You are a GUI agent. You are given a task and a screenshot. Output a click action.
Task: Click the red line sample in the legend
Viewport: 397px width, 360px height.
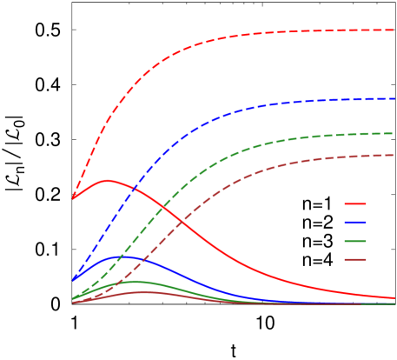(x=354, y=204)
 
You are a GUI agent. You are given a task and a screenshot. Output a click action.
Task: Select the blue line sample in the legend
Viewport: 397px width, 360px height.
(x=354, y=223)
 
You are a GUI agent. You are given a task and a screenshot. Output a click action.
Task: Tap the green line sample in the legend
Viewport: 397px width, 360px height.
(x=354, y=241)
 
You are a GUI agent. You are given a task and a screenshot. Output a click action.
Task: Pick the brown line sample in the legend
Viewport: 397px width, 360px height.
(x=354, y=259)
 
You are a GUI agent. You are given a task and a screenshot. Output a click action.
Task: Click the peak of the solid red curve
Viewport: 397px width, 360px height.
(x=108, y=180)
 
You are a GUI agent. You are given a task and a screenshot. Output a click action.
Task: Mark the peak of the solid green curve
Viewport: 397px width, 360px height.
(x=134, y=281)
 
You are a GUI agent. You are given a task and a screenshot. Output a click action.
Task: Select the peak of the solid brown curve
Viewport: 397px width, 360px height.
(x=143, y=291)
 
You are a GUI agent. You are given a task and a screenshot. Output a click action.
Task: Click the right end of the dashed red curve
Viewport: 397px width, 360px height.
(x=394, y=30)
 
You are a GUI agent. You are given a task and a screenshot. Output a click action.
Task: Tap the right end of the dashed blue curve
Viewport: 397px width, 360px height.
(x=394, y=98)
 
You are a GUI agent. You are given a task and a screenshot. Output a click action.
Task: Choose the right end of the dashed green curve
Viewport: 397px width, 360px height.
(x=394, y=133)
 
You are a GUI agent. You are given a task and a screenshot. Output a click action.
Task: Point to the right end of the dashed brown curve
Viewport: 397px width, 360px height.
(x=394, y=155)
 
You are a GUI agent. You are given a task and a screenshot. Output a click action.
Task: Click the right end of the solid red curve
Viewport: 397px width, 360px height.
(x=394, y=297)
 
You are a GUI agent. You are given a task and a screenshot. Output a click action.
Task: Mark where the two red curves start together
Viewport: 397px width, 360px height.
(x=73, y=198)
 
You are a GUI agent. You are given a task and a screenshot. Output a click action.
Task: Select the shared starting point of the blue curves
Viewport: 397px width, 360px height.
(x=73, y=280)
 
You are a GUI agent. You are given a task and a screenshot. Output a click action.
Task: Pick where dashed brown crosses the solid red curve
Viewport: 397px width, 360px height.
(x=183, y=226)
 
